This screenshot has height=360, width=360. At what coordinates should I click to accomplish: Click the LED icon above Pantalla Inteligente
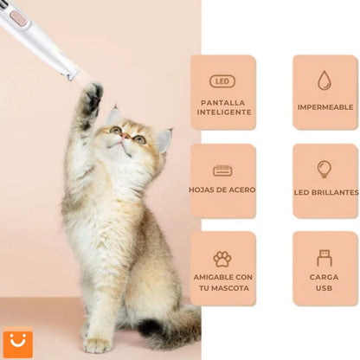point(222,81)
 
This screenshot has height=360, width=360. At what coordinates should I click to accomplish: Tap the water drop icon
point(325,80)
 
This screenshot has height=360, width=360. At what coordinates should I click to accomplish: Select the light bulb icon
point(325,169)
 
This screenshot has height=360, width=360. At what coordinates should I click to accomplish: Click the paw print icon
point(222,259)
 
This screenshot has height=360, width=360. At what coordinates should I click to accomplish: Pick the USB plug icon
point(325,258)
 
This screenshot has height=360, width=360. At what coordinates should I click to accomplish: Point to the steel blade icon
point(222,170)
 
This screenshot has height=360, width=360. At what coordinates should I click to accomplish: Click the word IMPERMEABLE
point(325,107)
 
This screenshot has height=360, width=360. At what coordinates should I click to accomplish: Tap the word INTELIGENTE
point(222,112)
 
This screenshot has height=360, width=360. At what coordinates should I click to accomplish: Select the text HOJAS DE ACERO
point(222,190)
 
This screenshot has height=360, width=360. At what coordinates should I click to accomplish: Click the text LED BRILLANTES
point(325,191)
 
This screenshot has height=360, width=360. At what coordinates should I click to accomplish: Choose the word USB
point(325,289)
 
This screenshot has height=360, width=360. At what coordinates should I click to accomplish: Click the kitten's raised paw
point(92,96)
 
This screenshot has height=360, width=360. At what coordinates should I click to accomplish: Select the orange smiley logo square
point(17,342)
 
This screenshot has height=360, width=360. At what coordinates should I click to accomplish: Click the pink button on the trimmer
point(18,17)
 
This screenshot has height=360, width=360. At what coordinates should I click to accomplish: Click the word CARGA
point(325,278)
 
